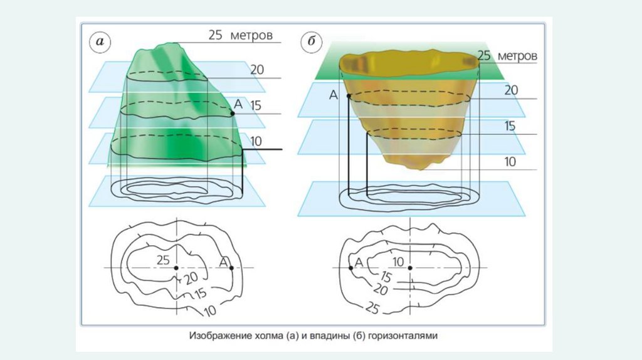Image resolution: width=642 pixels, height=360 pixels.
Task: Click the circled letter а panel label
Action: pyautogui.click(x=100, y=43)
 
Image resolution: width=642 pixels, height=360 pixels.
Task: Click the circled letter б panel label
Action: pyautogui.click(x=312, y=43)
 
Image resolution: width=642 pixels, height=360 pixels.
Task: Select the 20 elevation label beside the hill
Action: pyautogui.click(x=257, y=70)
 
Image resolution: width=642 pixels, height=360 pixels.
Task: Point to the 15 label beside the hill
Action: pyautogui.click(x=255, y=105)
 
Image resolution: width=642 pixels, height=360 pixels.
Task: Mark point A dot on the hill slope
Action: pyautogui.click(x=232, y=114)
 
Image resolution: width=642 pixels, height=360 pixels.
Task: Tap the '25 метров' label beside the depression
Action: pyautogui.click(x=507, y=56)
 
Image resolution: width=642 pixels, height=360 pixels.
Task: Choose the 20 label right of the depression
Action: pyautogui.click(x=511, y=90)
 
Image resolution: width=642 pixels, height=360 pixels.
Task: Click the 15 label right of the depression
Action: pyautogui.click(x=509, y=126)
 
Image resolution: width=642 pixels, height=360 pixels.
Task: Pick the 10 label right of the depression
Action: pyautogui.click(x=510, y=162)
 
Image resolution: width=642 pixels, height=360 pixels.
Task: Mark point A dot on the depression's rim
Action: pyautogui.click(x=348, y=96)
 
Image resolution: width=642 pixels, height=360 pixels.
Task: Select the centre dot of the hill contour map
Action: pyautogui.click(x=176, y=268)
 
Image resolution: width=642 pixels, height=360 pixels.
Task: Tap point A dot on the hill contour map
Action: pyautogui.click(x=232, y=268)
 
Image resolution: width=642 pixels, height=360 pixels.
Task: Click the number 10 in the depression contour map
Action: pyautogui.click(x=397, y=261)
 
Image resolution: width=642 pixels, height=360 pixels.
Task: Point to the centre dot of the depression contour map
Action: pyautogui.click(x=410, y=268)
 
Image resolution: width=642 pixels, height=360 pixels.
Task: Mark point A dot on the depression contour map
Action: pyautogui.click(x=350, y=268)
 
